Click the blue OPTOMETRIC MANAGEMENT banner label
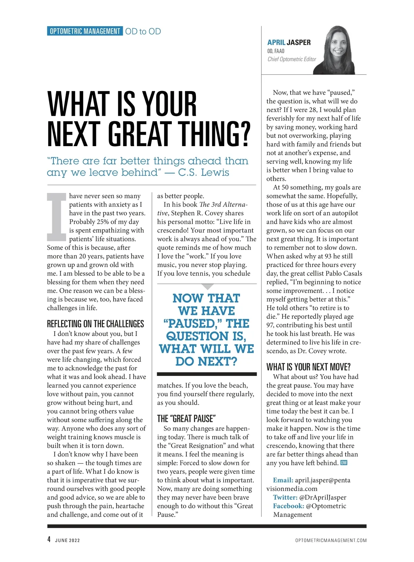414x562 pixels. pos(85,31)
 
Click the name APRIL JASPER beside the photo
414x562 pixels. pos(289,42)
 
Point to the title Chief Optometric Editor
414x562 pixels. pos(292,59)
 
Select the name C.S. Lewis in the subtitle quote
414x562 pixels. pos(204,172)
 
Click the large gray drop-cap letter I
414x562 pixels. pos(56,217)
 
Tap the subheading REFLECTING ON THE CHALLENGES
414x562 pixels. pos(96,324)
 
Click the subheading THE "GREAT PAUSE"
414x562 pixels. pos(186,419)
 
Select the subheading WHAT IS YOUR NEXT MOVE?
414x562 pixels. pos(308,367)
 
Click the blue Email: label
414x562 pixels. pos(283,480)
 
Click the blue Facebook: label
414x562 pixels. pos(288,506)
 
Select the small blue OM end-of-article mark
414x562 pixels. pos(344,463)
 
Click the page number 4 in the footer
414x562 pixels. pos(49,540)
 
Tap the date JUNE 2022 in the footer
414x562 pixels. pos(68,540)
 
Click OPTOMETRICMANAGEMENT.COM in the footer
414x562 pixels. pos(331,540)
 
